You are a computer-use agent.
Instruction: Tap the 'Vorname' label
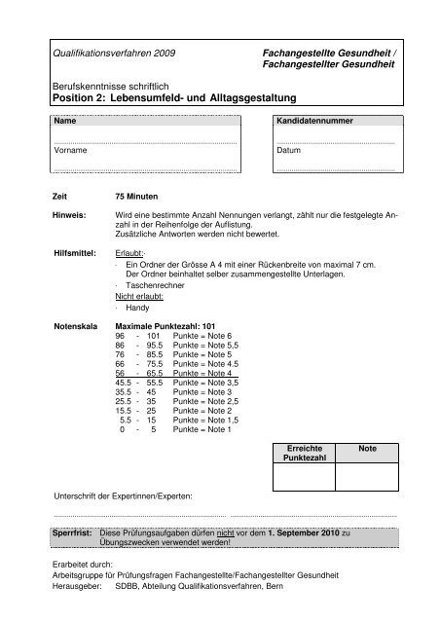click(x=71, y=152)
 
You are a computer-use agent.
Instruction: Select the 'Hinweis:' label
click(x=69, y=213)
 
